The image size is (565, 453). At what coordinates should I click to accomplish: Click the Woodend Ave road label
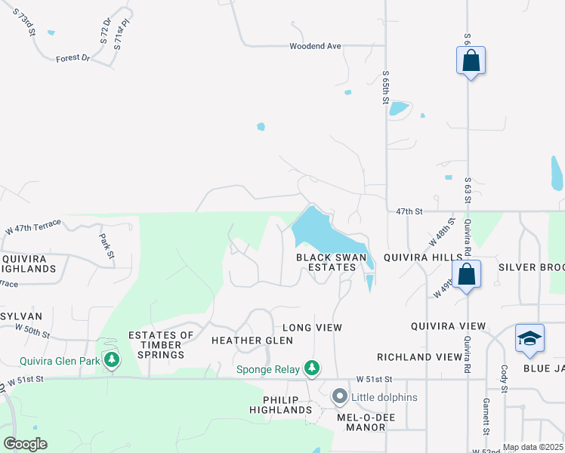(315, 46)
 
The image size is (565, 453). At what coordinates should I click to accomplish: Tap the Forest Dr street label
(73, 57)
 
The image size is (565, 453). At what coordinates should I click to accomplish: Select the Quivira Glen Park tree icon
(112, 359)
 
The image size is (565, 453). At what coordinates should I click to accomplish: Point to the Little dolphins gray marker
(340, 396)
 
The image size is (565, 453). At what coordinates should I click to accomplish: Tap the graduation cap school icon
(529, 339)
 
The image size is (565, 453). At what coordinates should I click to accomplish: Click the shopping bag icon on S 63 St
(471, 61)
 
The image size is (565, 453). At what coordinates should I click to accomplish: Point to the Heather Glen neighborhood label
(242, 341)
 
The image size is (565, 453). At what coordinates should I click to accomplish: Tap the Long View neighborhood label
(312, 328)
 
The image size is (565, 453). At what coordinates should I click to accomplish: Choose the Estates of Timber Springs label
(156, 345)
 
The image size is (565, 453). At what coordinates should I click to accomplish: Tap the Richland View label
(419, 356)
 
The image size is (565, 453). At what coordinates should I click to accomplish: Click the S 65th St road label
(385, 88)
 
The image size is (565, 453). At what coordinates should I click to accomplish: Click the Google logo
(25, 443)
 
